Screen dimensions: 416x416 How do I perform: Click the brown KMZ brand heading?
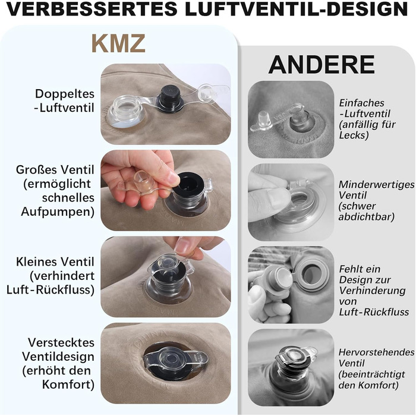[x=119, y=43]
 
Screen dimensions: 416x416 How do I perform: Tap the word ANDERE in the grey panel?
[x=322, y=64]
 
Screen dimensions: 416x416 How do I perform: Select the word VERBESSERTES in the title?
[x=92, y=9]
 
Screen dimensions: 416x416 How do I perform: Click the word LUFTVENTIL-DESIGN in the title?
[x=297, y=9]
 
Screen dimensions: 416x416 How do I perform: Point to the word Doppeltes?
[x=65, y=94]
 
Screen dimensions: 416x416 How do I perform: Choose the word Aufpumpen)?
[x=58, y=212]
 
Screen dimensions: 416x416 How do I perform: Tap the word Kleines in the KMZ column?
[x=34, y=261]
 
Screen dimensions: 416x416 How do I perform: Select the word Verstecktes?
[x=61, y=342]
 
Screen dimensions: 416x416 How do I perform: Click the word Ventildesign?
[x=58, y=357]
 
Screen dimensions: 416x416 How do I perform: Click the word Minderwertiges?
[x=376, y=184]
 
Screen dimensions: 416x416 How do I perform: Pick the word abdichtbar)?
[x=367, y=217]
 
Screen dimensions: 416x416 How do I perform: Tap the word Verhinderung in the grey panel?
[x=372, y=291]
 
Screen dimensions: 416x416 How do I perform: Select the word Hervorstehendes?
[x=376, y=352]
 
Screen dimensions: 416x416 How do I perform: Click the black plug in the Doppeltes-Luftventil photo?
[x=171, y=99]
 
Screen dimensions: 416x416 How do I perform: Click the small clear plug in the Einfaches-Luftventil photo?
[x=263, y=118]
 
